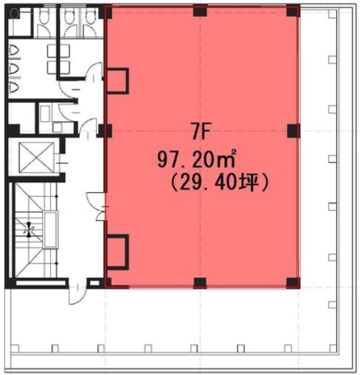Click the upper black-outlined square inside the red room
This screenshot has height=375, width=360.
pos(117,80)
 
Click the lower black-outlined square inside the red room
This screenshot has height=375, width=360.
pos(117,250)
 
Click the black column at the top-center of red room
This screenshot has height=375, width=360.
pos(200,11)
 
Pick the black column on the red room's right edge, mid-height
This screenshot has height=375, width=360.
pos(292,129)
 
